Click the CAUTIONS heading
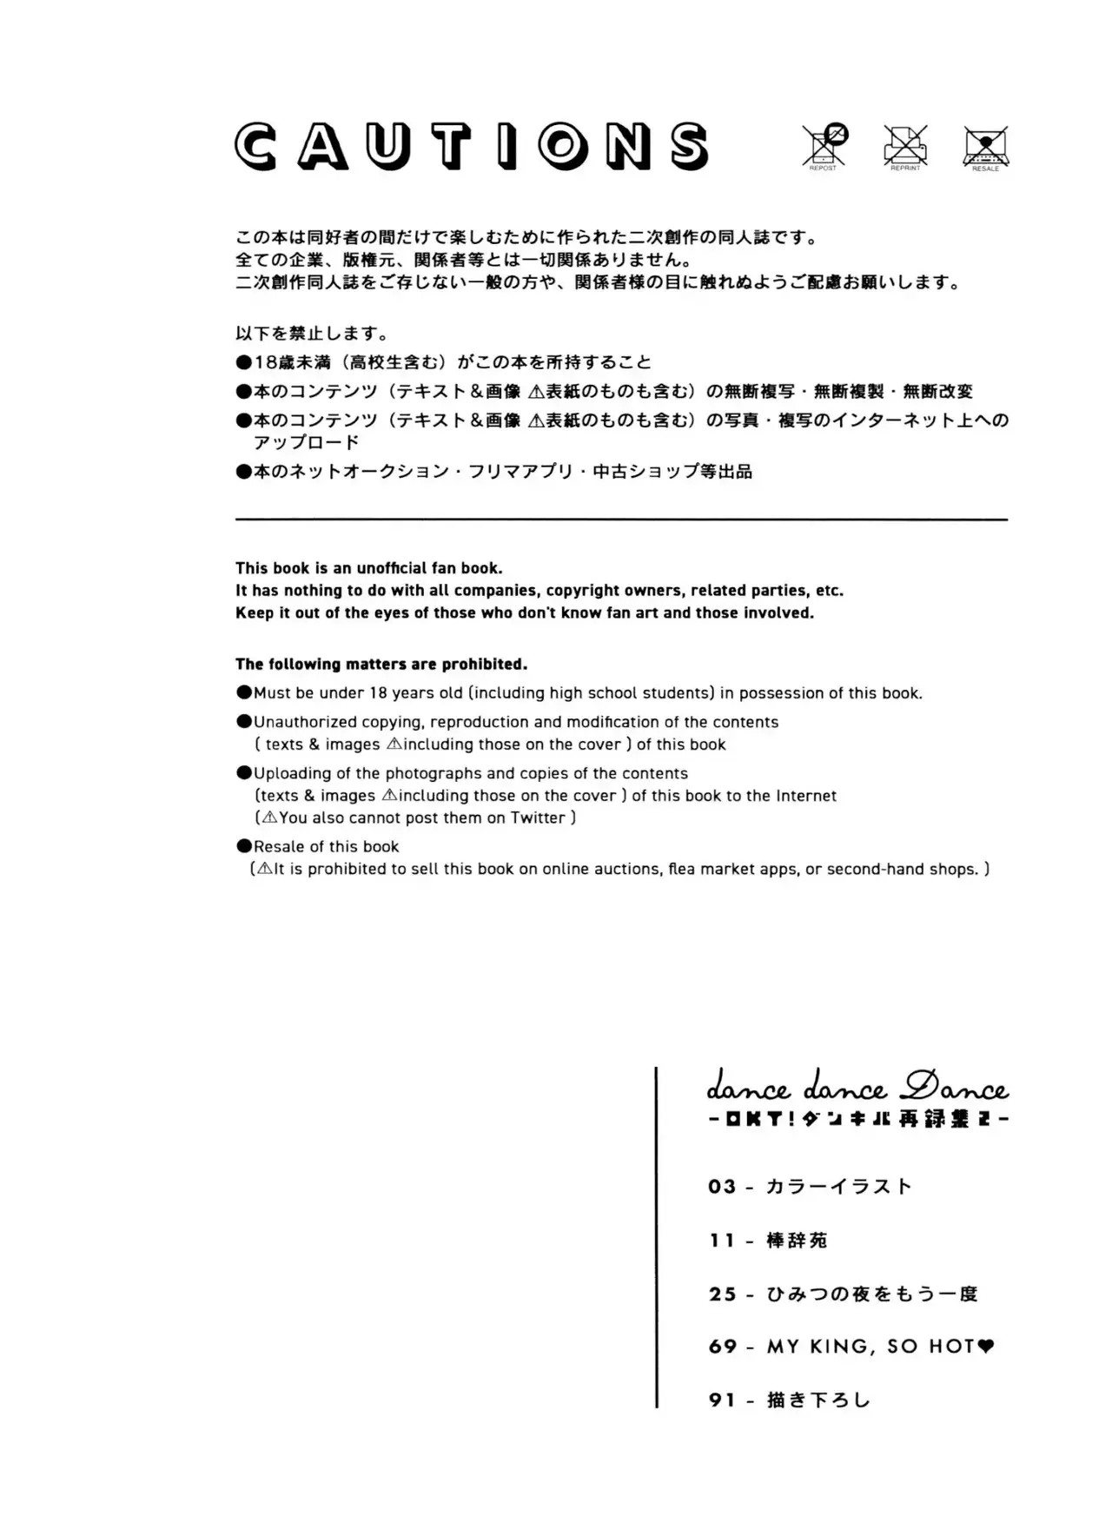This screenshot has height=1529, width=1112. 472,146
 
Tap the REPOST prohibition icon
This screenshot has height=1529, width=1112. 824,145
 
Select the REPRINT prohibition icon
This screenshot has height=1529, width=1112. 905,145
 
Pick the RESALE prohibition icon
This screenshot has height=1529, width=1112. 986,146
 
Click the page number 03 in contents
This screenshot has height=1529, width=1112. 722,1187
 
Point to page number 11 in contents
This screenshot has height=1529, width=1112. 722,1241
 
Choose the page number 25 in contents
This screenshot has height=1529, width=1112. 722,1294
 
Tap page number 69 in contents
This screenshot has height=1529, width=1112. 723,1347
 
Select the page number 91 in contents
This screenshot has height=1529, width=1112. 722,1400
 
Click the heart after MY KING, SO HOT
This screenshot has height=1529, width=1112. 986,1347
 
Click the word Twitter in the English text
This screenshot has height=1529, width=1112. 538,817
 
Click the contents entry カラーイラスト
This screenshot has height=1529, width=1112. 839,1187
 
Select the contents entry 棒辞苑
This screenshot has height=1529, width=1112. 797,1241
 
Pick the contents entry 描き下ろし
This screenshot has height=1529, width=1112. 818,1400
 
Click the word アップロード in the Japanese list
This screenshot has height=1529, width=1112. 306,442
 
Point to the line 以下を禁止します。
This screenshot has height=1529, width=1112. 312,334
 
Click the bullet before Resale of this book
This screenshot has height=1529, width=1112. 244,846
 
